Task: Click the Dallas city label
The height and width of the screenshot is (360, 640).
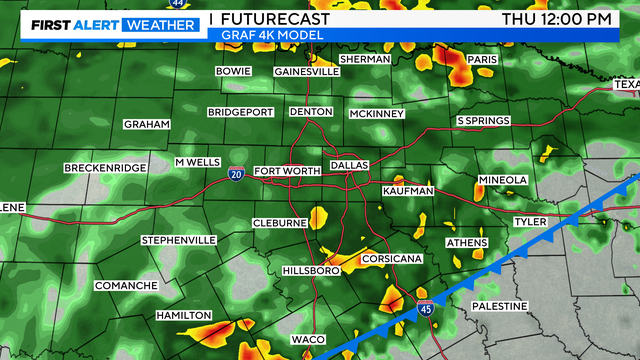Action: (349, 164)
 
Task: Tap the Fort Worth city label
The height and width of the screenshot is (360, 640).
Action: (287, 171)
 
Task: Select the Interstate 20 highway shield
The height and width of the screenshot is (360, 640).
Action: (235, 175)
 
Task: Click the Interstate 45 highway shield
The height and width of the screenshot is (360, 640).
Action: (425, 310)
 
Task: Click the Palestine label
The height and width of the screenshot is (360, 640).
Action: (499, 305)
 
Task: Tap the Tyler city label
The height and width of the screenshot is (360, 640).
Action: (529, 221)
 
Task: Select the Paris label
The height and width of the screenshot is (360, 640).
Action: (482, 60)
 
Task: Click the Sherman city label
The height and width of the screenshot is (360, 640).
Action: (364, 60)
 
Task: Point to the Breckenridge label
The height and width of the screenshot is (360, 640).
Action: (105, 168)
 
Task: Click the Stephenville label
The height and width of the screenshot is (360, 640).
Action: (178, 241)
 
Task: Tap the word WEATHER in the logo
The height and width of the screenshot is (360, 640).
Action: (159, 24)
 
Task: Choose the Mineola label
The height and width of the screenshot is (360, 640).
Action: (502, 180)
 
